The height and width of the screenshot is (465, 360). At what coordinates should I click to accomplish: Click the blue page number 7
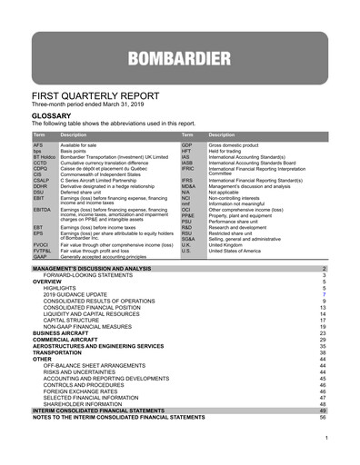[x=323, y=295]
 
